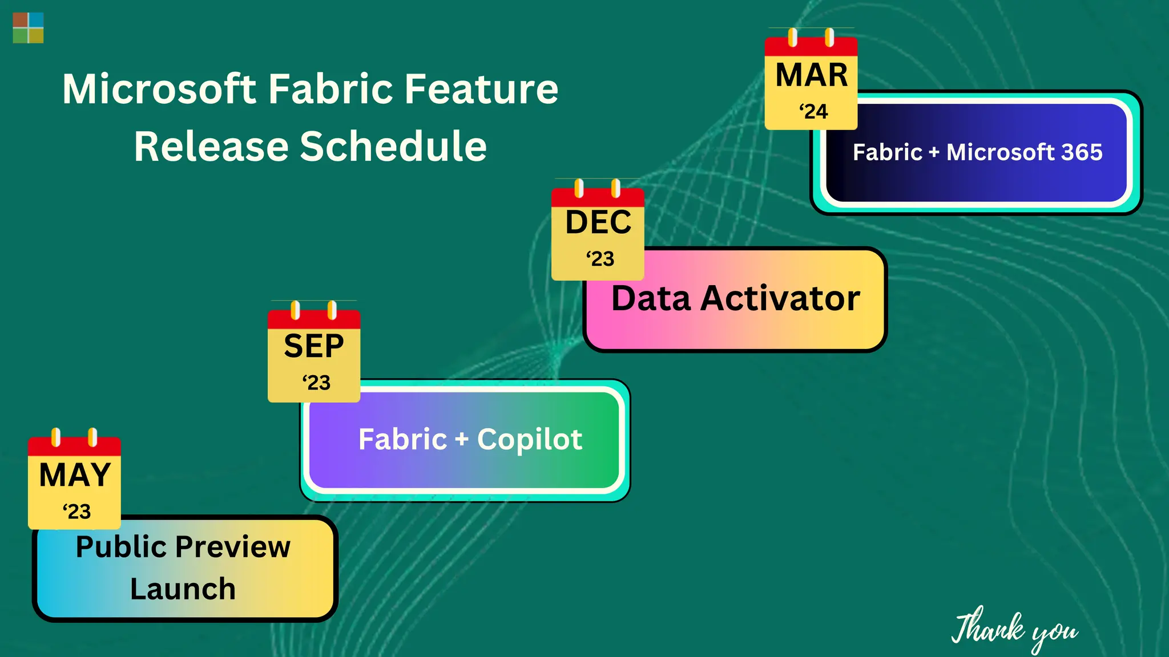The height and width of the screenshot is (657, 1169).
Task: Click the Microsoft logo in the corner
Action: pos(28,28)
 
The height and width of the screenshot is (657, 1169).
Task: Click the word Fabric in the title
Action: pos(330,90)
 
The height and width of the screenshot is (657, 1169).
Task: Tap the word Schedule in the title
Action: pos(393,147)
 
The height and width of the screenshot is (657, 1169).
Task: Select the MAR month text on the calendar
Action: pos(811,75)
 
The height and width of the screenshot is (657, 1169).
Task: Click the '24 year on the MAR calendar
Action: pos(813,111)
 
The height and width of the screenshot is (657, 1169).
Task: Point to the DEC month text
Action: pos(598,222)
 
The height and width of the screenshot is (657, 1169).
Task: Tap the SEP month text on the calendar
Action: pos(314,346)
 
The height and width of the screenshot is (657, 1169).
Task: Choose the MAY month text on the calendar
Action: pos(75,475)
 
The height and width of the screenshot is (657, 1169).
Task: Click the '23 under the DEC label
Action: pos(600,259)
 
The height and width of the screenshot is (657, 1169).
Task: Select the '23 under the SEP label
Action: pos(316,383)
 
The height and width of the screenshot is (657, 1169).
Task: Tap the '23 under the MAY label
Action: pos(76,512)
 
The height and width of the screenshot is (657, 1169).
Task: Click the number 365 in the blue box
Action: pos(1082,152)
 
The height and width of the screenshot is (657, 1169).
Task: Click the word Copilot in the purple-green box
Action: pos(529,440)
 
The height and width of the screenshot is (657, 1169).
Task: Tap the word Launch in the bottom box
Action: pos(183,589)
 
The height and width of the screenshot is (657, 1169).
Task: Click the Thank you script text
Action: pos(1014,630)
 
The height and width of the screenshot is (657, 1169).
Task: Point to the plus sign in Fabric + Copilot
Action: pos(462,440)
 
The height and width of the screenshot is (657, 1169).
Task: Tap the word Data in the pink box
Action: pos(651,298)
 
